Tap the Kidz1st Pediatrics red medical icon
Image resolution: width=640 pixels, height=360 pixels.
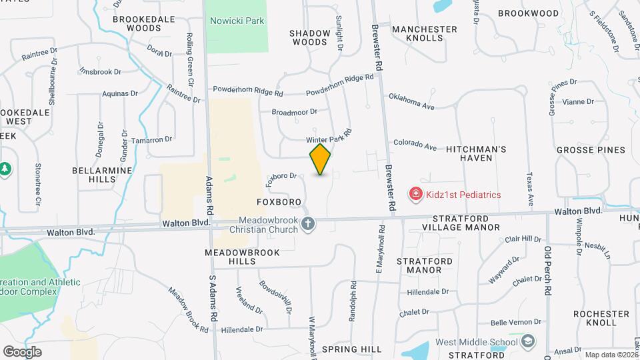click(416, 194)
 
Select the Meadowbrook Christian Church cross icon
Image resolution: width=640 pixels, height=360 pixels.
click(307, 224)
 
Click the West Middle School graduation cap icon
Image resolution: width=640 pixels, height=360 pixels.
click(529, 342)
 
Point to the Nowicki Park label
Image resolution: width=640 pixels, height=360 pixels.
click(237, 21)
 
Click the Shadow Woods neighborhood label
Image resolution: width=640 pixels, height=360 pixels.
click(310, 37)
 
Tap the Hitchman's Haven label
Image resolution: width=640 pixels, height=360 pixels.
click(478, 153)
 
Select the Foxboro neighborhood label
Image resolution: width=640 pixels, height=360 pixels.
click(279, 201)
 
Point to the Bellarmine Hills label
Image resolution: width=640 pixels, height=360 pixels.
click(103, 175)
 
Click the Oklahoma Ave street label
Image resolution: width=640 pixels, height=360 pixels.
click(411, 101)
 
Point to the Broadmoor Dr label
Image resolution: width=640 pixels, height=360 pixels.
click(294, 112)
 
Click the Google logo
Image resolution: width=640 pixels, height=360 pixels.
click(22, 351)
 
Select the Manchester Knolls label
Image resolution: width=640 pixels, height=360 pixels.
click(425, 33)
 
